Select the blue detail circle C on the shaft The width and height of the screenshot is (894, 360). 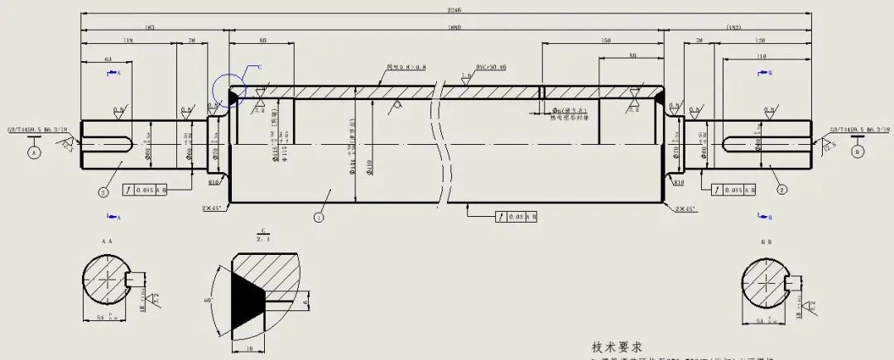tap(230, 90)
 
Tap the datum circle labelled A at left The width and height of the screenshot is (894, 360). tap(34, 153)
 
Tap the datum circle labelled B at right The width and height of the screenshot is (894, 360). tap(857, 153)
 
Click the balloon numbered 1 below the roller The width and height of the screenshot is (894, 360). tap(318, 218)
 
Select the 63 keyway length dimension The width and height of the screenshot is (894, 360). tap(108, 59)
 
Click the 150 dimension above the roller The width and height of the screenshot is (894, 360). tap(605, 41)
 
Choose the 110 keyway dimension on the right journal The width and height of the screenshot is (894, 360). tap(762, 55)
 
